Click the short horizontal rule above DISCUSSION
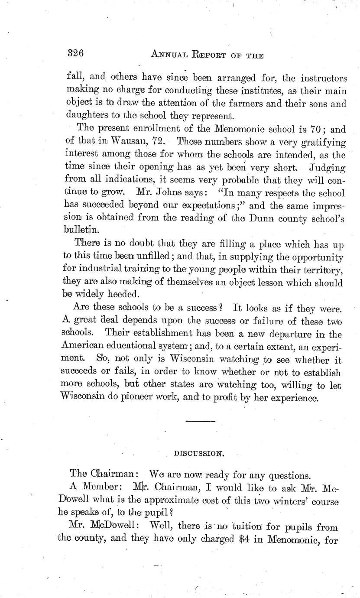[200, 421]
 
